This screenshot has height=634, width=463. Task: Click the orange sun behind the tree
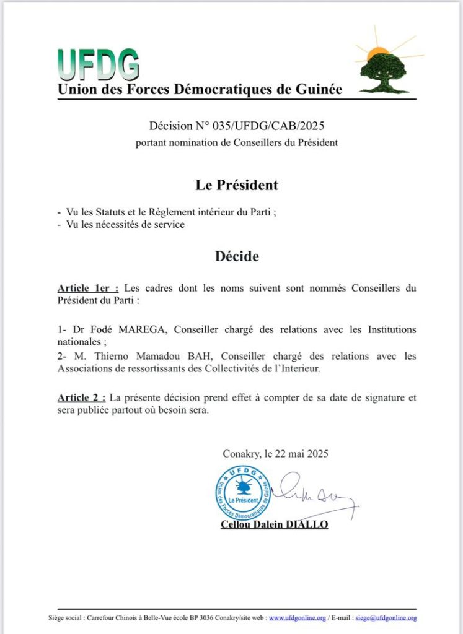pos(376,54)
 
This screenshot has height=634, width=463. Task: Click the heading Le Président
pos(237,185)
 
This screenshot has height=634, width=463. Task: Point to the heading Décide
pos(237,256)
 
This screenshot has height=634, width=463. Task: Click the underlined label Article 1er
pos(87,288)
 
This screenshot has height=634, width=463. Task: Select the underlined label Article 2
pos(81,397)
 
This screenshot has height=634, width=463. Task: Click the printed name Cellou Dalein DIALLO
pos(275,524)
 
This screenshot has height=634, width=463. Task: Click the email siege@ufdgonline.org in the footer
pos(386,617)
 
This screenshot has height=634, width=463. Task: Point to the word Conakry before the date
pos(240,453)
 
